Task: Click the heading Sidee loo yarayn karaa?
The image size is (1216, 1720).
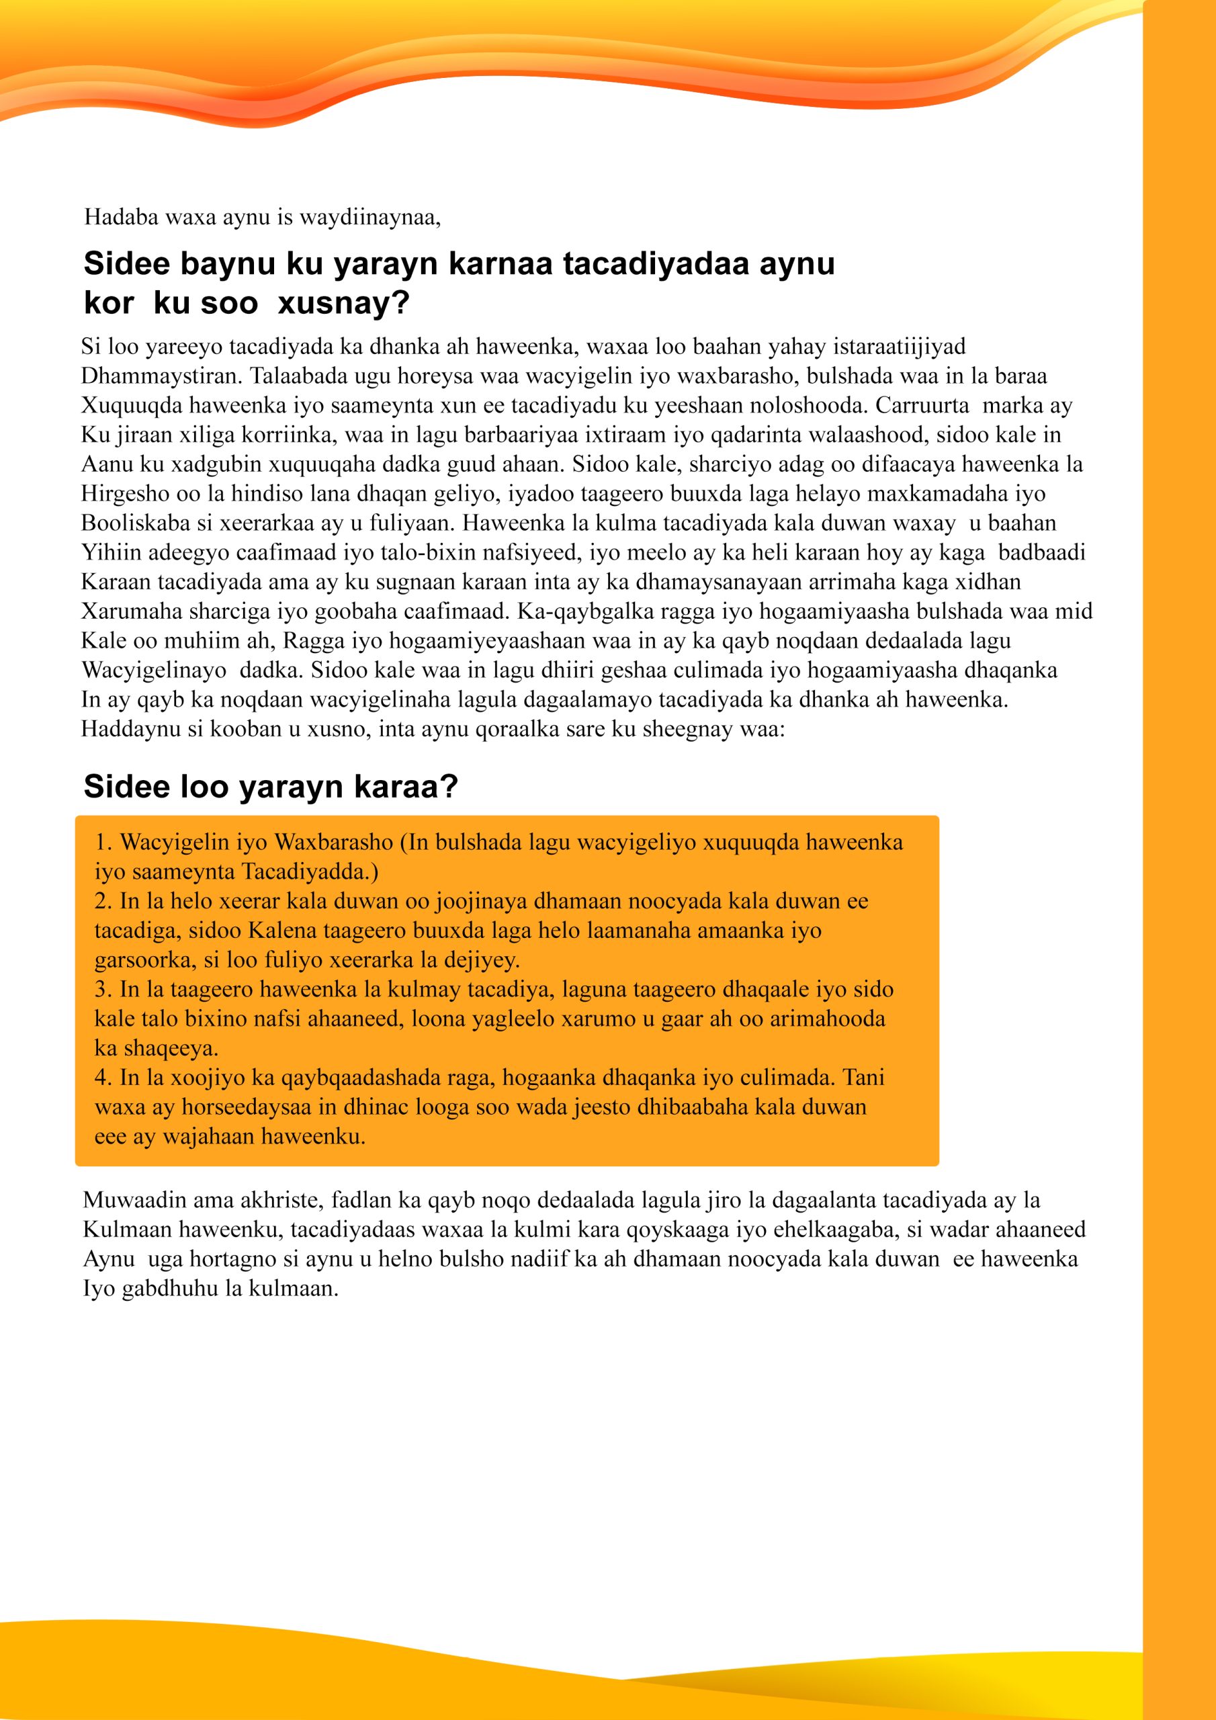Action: pyautogui.click(x=271, y=787)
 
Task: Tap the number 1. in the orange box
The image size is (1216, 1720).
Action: pyautogui.click(x=103, y=842)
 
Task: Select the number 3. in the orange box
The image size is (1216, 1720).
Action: pyautogui.click(x=103, y=989)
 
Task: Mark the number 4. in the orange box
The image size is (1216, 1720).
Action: pyautogui.click(x=103, y=1077)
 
